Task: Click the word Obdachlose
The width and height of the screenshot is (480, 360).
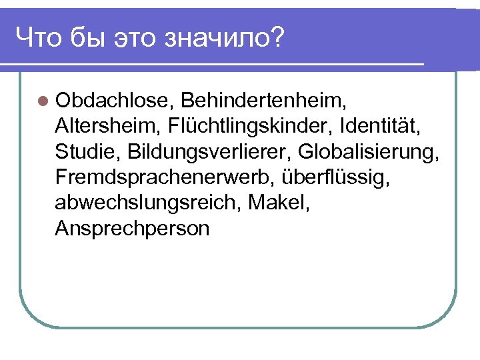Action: coord(114,101)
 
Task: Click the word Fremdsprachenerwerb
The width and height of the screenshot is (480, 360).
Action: coord(167,177)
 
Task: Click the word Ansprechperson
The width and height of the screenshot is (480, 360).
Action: coord(133,229)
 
